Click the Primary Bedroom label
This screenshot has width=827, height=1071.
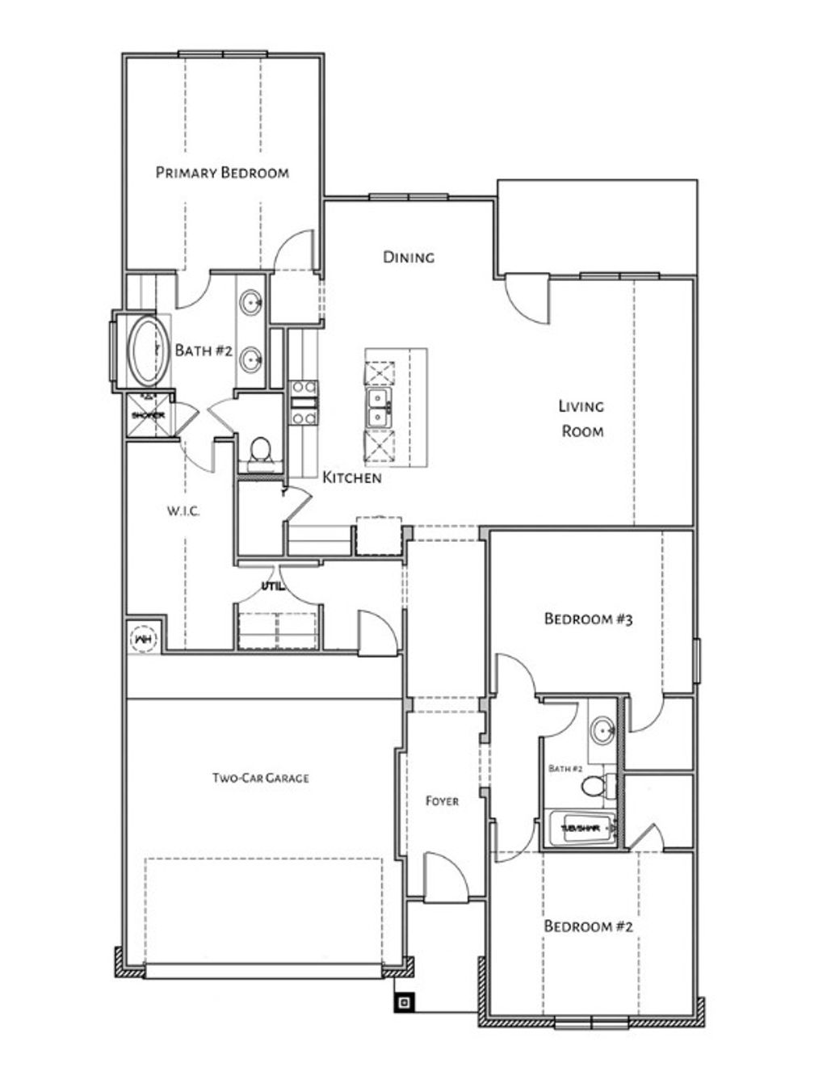point(222,172)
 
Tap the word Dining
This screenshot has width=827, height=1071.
point(408,257)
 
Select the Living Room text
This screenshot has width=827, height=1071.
point(582,418)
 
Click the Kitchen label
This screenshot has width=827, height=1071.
point(352,477)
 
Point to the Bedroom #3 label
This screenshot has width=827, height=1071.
point(587,619)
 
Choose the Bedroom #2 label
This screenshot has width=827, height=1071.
point(587,926)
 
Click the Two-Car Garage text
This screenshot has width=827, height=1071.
point(260,779)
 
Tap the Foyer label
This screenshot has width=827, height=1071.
point(442,801)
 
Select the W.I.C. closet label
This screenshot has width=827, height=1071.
point(183,511)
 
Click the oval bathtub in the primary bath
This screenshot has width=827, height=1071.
point(149,351)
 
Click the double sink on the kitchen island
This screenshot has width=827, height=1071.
point(378,408)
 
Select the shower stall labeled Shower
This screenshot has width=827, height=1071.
point(148,415)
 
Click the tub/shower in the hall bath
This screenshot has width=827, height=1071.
point(580,829)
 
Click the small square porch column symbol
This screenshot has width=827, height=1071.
point(405,1003)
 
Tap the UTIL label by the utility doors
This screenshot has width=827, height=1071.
point(271,586)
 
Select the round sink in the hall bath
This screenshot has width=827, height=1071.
point(602,732)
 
